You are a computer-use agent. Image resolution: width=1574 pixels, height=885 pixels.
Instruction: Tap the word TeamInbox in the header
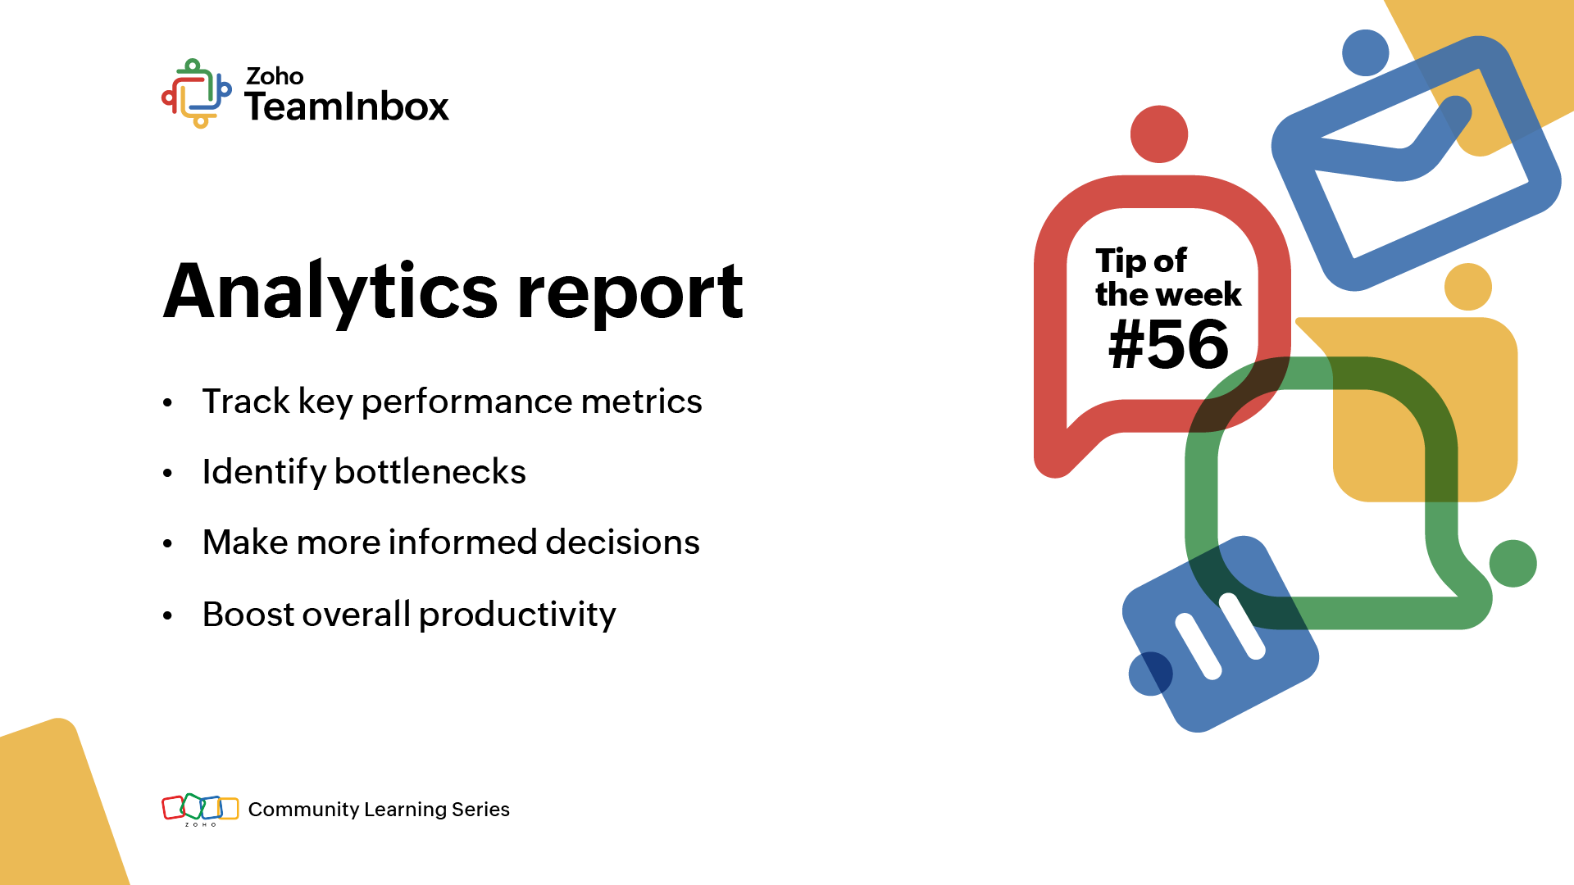coord(347,107)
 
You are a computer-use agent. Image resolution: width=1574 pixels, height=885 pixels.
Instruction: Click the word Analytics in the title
coord(330,293)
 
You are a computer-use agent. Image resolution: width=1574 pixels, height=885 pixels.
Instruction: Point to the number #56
coord(1168,344)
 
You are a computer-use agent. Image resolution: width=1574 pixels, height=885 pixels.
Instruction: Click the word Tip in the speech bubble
coord(1120,261)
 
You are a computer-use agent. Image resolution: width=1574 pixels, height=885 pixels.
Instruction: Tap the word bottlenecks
coord(430,472)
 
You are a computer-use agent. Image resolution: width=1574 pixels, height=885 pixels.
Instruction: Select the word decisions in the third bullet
coord(622,542)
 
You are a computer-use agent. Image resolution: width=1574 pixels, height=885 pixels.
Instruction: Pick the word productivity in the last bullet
coord(517,615)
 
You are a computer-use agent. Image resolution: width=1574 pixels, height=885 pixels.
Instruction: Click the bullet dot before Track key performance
coord(168,402)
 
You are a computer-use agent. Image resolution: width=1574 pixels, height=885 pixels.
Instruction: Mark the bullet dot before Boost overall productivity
coord(168,615)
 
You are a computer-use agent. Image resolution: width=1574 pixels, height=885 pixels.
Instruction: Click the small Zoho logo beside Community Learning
coord(200,810)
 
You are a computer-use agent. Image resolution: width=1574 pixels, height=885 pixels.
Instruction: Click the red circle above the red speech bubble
coord(1159,134)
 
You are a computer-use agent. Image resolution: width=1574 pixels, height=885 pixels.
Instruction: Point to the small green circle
coord(1513,564)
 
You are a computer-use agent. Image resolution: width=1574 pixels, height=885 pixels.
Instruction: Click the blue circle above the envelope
coord(1365,53)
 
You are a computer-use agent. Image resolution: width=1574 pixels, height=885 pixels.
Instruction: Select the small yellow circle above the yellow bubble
coord(1467,287)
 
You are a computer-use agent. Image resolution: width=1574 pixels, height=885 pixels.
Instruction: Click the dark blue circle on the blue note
coord(1151,674)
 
